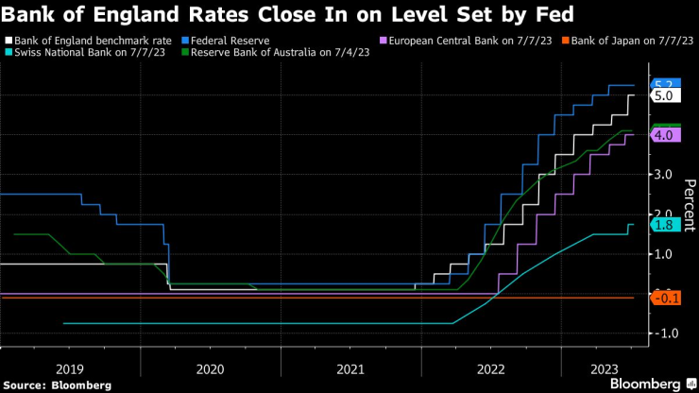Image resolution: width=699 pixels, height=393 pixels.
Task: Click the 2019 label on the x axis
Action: pos(70,367)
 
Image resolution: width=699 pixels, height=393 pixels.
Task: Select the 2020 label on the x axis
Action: pos(210,367)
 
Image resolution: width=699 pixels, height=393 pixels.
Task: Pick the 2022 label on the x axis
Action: pos(490,367)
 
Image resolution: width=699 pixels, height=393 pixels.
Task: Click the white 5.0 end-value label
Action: pos(662,95)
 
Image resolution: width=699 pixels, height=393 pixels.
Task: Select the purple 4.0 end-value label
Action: pos(662,135)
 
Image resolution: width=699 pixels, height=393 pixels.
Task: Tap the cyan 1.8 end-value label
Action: pos(662,224)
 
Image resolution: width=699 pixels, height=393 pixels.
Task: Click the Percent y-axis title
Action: pos(690,204)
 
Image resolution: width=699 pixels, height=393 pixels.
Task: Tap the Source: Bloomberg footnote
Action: pos(58,384)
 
